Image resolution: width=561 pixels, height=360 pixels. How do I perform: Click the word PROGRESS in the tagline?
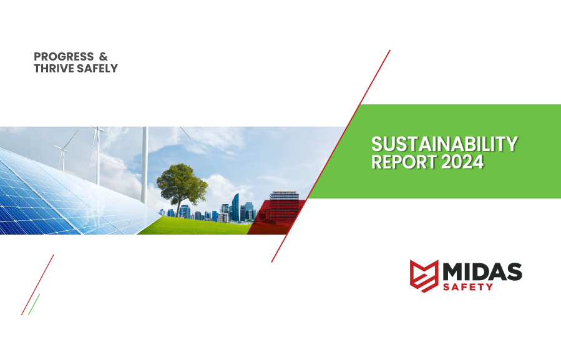(x=64, y=57)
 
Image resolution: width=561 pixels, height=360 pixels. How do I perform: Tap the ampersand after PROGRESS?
(x=103, y=57)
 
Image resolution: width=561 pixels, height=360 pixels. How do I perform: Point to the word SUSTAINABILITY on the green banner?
(x=444, y=144)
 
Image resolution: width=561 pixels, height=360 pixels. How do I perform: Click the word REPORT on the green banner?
(x=404, y=162)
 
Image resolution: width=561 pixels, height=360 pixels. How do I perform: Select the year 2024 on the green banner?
(x=462, y=162)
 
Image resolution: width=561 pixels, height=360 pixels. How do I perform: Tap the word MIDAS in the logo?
(x=482, y=272)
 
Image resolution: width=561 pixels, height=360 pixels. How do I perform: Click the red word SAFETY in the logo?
(x=468, y=286)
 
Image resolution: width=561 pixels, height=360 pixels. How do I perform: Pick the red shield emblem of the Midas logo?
(x=424, y=276)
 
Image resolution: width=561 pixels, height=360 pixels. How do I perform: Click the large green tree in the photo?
(x=182, y=185)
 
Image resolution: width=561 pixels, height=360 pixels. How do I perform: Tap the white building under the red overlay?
(x=284, y=206)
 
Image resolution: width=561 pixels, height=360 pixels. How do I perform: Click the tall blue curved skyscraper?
(x=235, y=207)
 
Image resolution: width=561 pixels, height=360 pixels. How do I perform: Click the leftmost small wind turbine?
(x=63, y=154)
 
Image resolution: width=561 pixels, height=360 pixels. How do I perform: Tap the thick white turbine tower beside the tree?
(x=144, y=165)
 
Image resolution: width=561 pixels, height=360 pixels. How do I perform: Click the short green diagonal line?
(x=34, y=304)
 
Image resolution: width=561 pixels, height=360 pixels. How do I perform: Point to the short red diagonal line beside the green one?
(x=37, y=285)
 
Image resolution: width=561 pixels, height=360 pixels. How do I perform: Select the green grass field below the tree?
(x=195, y=226)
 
